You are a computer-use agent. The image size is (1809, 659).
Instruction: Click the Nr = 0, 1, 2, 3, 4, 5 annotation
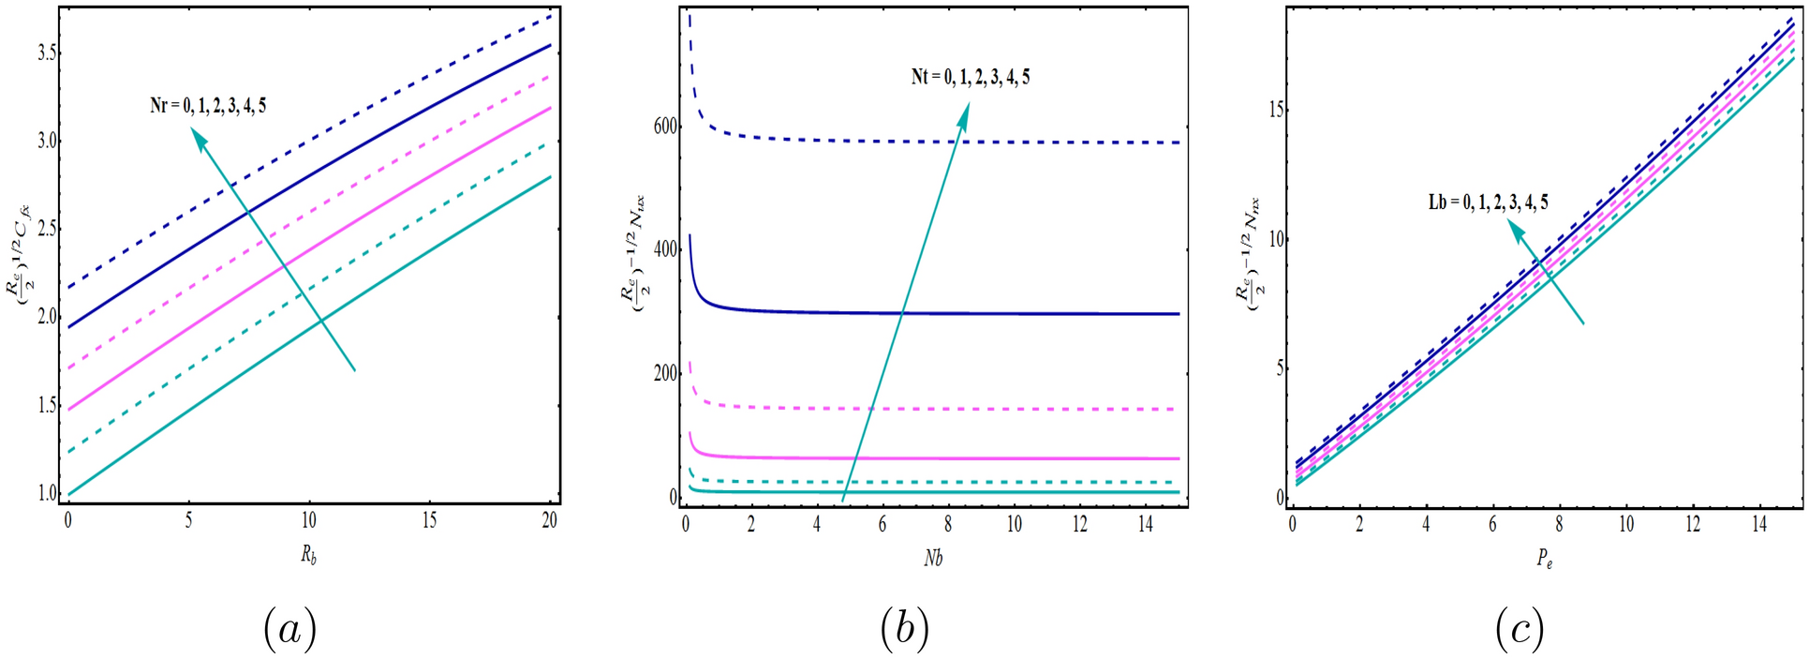pos(208,106)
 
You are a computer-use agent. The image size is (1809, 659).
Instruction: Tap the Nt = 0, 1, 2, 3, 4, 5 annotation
pos(970,78)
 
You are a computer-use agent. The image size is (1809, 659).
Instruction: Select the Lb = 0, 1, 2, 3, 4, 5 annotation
pos(1488,202)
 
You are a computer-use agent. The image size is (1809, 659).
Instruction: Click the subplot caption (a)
pos(289,629)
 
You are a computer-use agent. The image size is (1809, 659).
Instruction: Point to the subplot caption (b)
pos(904,629)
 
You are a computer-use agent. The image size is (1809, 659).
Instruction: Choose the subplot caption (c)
pos(1519,629)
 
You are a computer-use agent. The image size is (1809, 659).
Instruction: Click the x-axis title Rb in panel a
pos(308,555)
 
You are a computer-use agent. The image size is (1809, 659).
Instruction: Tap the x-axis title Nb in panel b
pos(932,559)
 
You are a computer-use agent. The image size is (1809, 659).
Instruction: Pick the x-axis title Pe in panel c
pos(1544,560)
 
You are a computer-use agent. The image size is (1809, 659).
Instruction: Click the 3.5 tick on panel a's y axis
pos(43,53)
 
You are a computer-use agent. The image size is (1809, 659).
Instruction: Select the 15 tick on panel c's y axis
pos(1276,110)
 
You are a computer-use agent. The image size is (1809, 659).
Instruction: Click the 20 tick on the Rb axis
pos(549,520)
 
